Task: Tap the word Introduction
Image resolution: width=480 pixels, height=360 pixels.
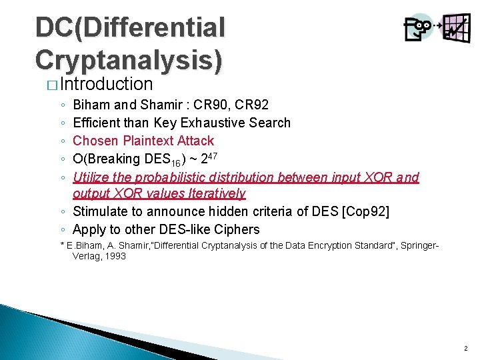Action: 107,84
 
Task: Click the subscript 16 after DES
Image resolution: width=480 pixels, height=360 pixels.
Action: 175,162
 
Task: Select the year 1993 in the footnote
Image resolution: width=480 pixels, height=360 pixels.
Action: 113,256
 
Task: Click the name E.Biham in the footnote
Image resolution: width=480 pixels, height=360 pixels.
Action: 85,247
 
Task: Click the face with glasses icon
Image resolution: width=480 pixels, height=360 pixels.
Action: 418,27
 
